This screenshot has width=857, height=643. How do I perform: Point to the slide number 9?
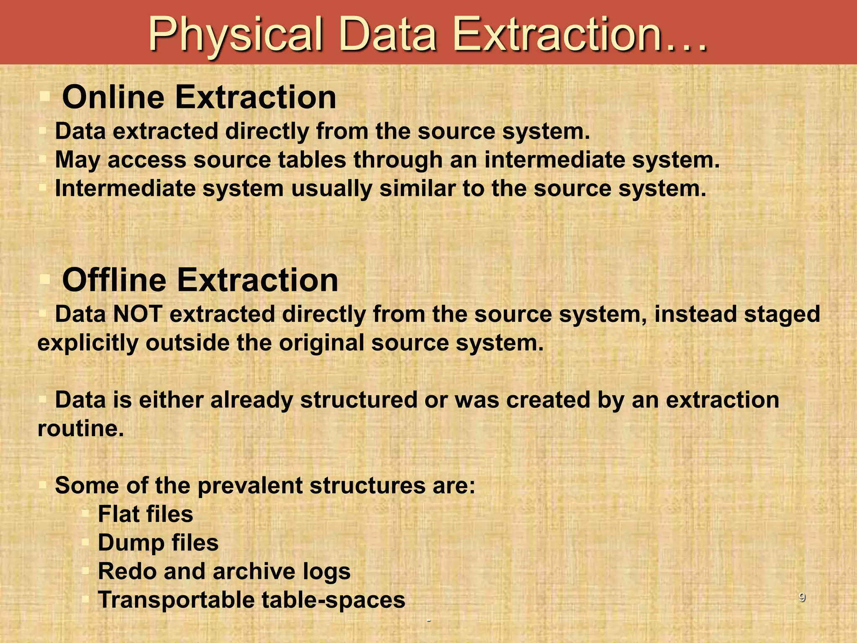click(802, 597)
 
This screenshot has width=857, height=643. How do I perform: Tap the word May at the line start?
click(78, 160)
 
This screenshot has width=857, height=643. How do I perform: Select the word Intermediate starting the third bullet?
click(125, 188)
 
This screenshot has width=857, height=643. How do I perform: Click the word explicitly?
click(88, 343)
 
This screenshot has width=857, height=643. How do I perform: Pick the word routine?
click(80, 428)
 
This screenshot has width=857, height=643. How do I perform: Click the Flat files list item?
click(145, 514)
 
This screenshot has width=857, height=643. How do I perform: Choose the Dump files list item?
click(158, 543)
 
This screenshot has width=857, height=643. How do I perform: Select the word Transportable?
click(176, 599)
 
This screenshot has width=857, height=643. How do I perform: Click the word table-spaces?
click(334, 599)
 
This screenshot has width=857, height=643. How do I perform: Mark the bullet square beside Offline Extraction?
click(45, 279)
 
